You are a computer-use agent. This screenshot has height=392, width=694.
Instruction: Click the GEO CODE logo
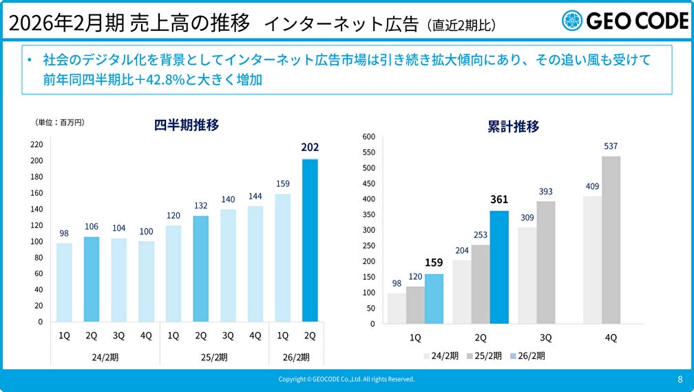pyautogui.click(x=624, y=21)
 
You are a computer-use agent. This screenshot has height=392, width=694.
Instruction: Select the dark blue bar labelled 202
pyautogui.click(x=310, y=240)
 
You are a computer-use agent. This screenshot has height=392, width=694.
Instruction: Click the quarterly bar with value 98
pyautogui.click(x=64, y=282)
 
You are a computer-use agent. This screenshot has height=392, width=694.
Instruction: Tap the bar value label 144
pyautogui.click(x=255, y=196)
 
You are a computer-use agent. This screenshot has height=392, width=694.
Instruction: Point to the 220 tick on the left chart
pyautogui.click(x=36, y=145)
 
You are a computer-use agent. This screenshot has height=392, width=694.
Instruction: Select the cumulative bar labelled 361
pyautogui.click(x=498, y=267)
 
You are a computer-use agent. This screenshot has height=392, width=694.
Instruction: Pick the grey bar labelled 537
pyautogui.click(x=611, y=240)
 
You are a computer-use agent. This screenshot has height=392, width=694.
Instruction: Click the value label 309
pyautogui.click(x=527, y=218)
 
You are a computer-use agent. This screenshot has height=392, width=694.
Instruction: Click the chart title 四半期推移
pyautogui.click(x=187, y=125)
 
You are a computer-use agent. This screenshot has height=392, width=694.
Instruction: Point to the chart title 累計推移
pyautogui.click(x=513, y=127)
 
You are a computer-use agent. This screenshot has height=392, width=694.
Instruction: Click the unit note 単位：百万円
pyautogui.click(x=59, y=122)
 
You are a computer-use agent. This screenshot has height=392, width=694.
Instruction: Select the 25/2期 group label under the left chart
pyautogui.click(x=214, y=357)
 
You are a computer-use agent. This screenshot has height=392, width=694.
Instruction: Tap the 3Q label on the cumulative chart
pyautogui.click(x=546, y=338)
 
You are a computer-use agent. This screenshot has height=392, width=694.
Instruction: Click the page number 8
pyautogui.click(x=680, y=379)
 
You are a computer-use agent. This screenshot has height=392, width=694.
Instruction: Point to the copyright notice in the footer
pyautogui.click(x=346, y=379)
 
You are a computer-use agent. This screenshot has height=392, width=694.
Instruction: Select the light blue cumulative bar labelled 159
pyautogui.click(x=434, y=298)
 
